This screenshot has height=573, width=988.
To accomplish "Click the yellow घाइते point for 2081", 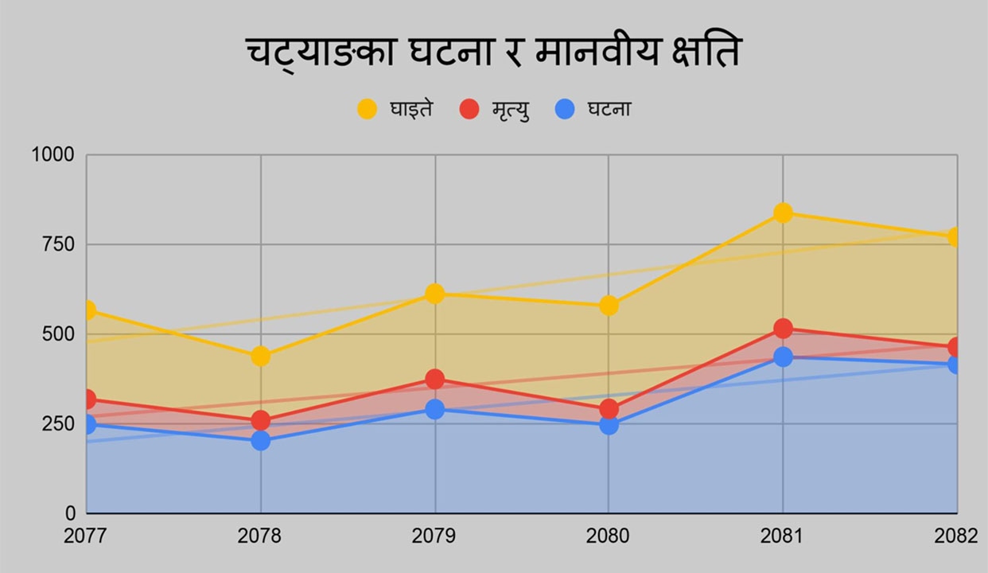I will (783, 212).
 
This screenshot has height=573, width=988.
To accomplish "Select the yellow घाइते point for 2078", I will (261, 356).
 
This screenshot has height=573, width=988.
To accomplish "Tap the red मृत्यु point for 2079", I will (434, 379).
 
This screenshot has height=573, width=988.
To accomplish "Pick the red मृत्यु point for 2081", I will (783, 328).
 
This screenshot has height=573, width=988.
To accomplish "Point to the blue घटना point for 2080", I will (609, 425).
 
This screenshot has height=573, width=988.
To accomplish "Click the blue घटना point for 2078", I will (261, 440).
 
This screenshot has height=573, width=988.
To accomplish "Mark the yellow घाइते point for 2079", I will (434, 294).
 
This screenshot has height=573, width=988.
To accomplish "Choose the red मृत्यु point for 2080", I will (609, 408).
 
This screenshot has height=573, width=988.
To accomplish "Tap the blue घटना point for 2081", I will (783, 357).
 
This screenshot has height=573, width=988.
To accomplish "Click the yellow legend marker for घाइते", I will (367, 109).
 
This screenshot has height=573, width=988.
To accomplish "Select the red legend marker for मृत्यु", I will (469, 109).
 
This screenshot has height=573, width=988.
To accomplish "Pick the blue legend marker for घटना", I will (565, 109).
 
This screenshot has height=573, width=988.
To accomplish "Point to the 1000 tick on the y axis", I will (53, 155).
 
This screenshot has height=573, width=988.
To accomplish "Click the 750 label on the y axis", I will (58, 244).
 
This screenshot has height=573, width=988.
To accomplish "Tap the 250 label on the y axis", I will (58, 423).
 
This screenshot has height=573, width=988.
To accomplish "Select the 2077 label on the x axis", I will (85, 536).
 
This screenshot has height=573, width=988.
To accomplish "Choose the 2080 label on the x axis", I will (609, 536).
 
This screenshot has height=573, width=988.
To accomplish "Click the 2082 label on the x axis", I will (956, 536).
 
